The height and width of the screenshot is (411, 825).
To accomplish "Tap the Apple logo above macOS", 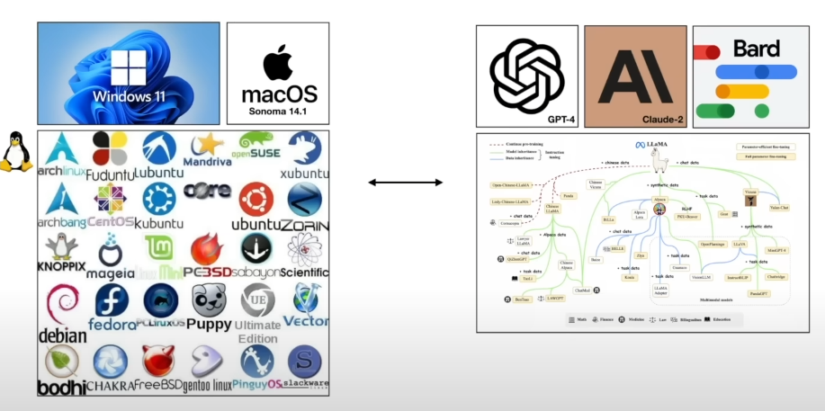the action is coord(278,62).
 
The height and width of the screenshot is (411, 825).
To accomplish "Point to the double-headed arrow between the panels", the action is coord(405,183).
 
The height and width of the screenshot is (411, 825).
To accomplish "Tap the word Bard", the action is coord(757,48).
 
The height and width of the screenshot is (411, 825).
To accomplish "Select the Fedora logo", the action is coord(112,300).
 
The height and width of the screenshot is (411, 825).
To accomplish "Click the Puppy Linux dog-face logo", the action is coord(209,300).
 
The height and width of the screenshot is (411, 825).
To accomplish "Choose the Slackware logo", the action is coord(304,362).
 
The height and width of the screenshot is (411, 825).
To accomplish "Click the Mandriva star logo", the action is coord(209,145).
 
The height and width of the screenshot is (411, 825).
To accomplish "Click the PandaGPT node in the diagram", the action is coord(758,293).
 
